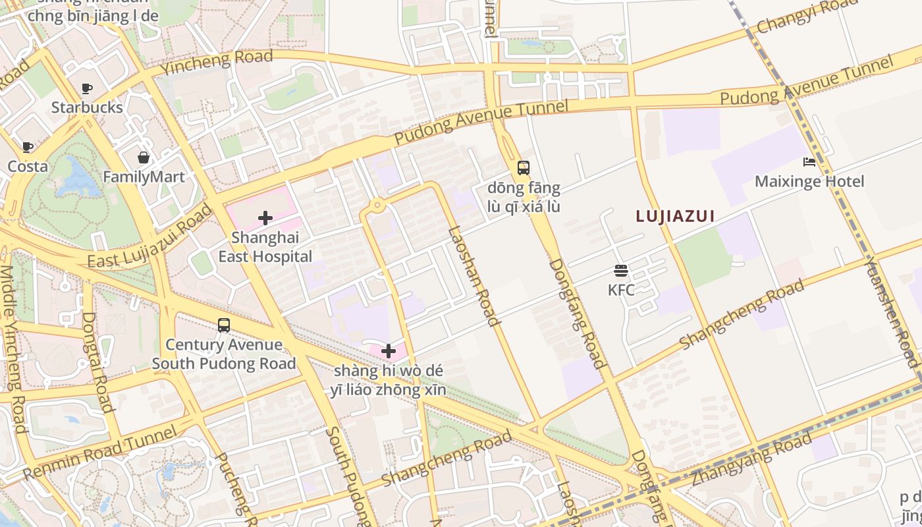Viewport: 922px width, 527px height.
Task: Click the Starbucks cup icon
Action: click(86, 88)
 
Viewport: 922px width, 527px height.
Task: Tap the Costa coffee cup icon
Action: click(27, 147)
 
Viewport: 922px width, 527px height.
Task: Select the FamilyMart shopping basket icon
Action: click(144, 157)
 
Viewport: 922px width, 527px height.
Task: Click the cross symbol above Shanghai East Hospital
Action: click(265, 218)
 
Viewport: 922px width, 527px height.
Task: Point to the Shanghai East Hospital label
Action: click(265, 247)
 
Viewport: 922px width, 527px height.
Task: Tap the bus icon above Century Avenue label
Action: click(224, 325)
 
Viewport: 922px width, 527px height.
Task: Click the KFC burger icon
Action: click(621, 270)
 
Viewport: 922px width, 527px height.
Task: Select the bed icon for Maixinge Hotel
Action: click(809, 162)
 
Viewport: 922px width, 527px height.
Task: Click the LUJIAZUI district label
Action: click(675, 216)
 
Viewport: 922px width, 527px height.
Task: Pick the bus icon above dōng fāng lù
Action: click(524, 168)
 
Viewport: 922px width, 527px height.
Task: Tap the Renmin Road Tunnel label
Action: click(100, 453)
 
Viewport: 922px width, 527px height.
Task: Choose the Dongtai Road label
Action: click(98, 362)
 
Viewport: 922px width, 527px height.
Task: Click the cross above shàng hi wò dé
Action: click(389, 351)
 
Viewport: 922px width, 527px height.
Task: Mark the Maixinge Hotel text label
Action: click(809, 181)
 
